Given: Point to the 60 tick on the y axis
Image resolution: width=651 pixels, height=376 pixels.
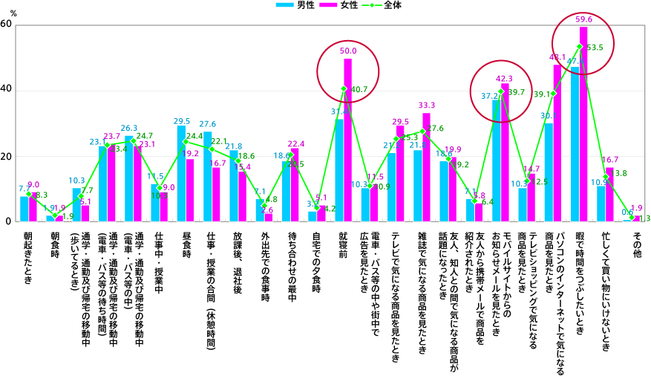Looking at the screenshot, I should (7, 25).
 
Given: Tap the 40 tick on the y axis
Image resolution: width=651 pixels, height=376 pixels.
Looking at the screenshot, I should (7, 91).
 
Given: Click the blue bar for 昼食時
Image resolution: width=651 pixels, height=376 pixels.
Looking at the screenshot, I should (181, 174).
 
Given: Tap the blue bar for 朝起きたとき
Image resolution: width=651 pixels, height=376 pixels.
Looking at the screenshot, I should (24, 210).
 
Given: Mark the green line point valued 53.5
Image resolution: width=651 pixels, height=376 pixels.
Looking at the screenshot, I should (579, 47).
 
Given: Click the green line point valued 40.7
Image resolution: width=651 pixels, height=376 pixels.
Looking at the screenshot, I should (343, 89).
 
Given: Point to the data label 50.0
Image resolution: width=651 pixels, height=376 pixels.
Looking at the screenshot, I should (348, 52).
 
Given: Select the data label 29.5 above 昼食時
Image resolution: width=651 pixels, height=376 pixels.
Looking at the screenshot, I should (181, 120).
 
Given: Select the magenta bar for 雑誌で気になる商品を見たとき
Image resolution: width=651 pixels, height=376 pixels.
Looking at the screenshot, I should (426, 168).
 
